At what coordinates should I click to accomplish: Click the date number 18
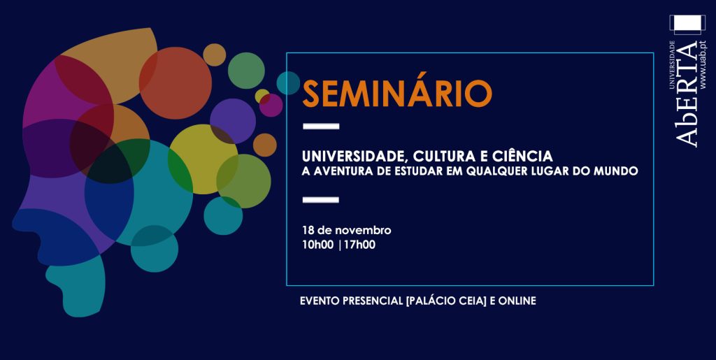[x=307, y=230]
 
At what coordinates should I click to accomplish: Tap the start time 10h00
[x=318, y=245]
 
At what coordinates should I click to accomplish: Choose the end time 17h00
[x=359, y=245]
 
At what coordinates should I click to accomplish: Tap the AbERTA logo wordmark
[x=687, y=94]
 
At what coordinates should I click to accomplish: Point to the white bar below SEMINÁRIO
[x=321, y=127]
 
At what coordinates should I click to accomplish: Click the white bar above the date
[x=321, y=199]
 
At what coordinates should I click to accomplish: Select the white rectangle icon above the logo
[x=687, y=25]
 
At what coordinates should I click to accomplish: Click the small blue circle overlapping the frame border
[x=288, y=83]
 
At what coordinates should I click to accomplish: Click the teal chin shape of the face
[x=76, y=285]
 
